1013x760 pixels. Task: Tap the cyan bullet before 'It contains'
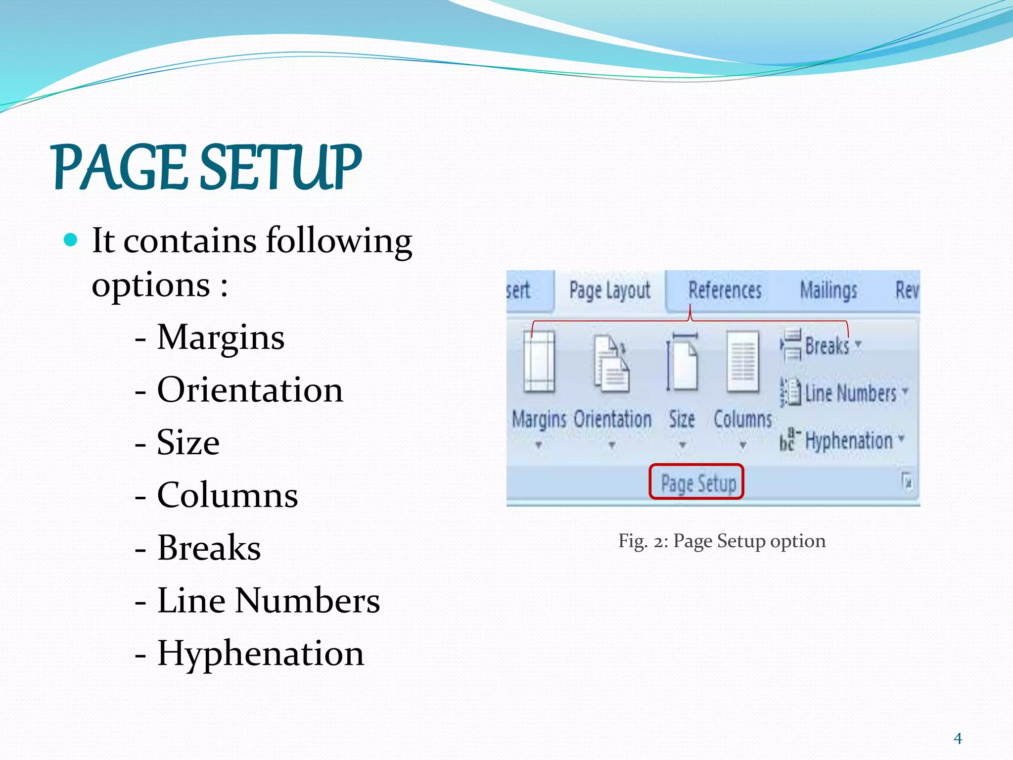click(71, 240)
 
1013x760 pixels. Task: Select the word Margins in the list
click(221, 337)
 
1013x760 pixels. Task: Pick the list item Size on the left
click(188, 442)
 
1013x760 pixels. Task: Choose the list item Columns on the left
click(227, 494)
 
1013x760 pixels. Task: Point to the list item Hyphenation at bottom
click(260, 653)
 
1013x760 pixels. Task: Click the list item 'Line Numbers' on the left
click(268, 600)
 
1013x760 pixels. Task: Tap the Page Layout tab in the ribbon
click(609, 290)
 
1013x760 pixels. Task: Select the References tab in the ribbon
click(725, 290)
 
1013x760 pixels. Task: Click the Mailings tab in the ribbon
click(829, 290)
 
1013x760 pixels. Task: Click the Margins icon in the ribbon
click(539, 362)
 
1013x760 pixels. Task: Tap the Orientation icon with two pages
click(612, 364)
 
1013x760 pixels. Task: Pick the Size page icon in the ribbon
click(682, 361)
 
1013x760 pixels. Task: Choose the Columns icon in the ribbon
click(742, 362)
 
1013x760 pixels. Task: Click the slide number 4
click(958, 739)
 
